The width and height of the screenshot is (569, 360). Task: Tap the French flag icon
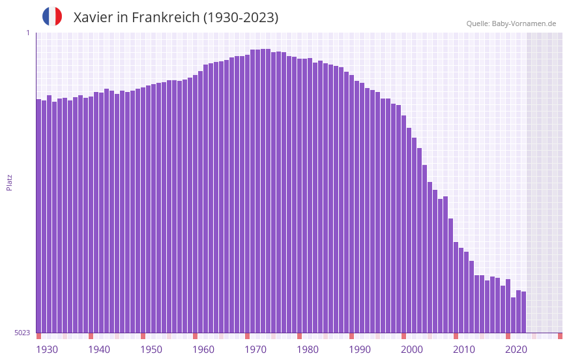pos(52,16)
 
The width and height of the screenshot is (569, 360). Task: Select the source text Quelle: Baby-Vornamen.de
pos(511,23)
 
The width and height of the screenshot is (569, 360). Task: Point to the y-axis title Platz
pos(9,182)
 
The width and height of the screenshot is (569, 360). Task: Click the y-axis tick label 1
pos(27,33)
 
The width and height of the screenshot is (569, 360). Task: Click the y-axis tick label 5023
pos(22,333)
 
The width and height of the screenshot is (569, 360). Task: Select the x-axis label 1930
pos(47,350)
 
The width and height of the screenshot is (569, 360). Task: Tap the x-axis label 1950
pos(151,350)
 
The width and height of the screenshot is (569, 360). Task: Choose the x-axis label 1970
pos(255,350)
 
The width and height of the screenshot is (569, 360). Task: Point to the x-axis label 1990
pos(360,350)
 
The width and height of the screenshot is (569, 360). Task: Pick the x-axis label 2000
pos(412,350)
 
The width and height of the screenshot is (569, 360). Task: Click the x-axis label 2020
pos(516,350)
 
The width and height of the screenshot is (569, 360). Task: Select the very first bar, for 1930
pos(38,215)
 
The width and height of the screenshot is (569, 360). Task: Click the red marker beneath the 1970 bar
pos(247,336)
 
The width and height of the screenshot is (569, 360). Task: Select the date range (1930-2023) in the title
pos(241,18)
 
